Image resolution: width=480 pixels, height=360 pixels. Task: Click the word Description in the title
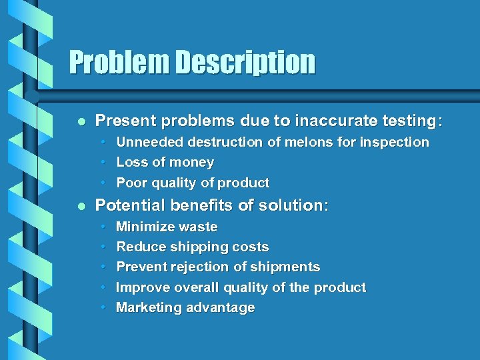tap(245, 63)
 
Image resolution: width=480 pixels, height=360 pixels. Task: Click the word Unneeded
tap(150, 142)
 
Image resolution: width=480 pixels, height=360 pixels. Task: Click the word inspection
tap(394, 142)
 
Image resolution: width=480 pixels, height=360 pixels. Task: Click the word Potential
tap(129, 205)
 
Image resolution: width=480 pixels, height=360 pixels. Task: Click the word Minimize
tap(143, 227)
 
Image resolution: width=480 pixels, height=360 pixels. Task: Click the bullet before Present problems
tap(81, 121)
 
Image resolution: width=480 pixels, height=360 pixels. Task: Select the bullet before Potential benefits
tap(81, 206)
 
